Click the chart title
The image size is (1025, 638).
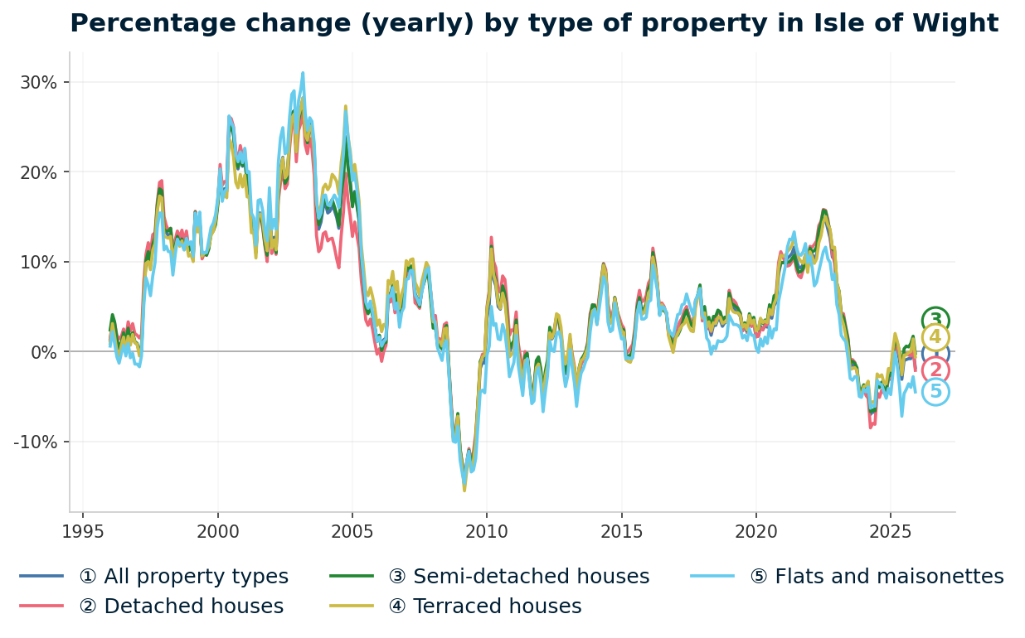click(533, 23)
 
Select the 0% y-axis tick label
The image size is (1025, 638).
click(44, 352)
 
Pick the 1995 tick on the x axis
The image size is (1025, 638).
click(83, 531)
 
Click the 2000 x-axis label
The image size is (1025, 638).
click(218, 531)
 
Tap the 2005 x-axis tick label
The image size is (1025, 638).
click(352, 531)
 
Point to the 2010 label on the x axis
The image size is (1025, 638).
click(487, 531)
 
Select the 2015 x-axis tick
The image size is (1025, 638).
click(621, 531)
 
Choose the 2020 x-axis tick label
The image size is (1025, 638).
click(755, 531)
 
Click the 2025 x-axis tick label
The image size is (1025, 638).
click(890, 531)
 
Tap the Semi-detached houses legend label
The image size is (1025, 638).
click(518, 577)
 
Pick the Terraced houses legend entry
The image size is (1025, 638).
click(484, 607)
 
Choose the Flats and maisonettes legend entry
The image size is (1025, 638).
click(876, 577)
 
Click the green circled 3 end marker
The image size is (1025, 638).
click(935, 320)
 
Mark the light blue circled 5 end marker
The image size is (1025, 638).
click(935, 392)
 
